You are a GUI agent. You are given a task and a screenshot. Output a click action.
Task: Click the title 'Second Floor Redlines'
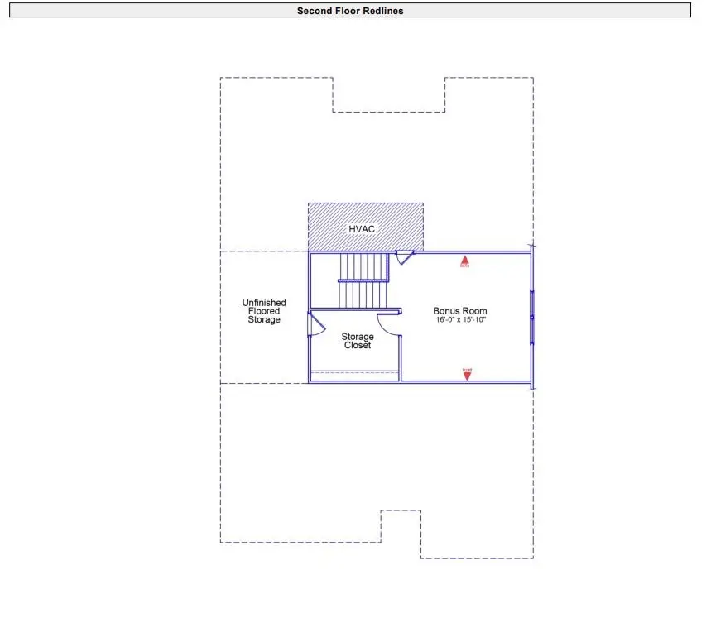[350, 11]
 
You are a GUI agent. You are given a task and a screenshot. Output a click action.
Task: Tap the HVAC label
[362, 227]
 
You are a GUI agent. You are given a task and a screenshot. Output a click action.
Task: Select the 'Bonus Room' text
[460, 311]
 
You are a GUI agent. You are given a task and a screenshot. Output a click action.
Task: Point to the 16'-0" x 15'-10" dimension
[460, 320]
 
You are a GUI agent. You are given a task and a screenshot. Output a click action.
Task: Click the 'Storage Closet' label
[358, 341]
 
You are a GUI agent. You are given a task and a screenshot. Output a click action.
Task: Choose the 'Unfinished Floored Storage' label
[264, 311]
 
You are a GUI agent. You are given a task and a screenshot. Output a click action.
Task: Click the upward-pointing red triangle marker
[465, 262]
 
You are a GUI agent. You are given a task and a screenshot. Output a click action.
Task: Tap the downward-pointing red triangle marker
[467, 373]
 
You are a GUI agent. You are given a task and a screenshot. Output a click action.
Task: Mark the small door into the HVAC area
[404, 258]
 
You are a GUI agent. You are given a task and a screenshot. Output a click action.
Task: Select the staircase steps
[363, 280]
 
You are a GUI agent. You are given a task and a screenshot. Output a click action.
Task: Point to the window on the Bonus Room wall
[532, 317]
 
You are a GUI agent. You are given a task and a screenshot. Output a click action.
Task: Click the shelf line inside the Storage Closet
[354, 373]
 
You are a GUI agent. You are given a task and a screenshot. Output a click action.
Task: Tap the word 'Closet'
[358, 346]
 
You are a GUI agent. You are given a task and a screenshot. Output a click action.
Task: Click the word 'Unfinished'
[264, 303]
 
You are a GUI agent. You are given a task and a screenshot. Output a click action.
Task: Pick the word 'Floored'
[264, 311]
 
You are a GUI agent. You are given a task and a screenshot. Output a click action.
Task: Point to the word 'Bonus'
[448, 311]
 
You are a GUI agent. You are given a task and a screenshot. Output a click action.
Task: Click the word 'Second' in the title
[314, 11]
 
